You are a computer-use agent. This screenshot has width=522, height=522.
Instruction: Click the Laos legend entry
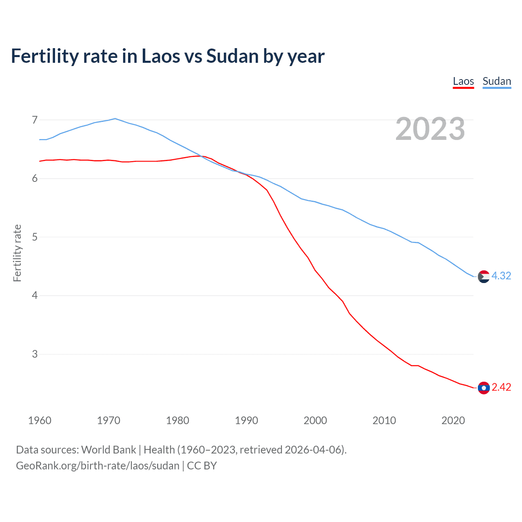(x=463, y=81)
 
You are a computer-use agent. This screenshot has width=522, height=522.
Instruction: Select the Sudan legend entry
(x=496, y=81)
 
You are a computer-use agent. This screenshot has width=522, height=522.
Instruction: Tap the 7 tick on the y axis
(x=35, y=120)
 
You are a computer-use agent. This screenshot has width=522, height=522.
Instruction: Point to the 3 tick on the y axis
(x=35, y=354)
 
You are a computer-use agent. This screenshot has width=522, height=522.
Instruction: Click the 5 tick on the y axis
(x=35, y=237)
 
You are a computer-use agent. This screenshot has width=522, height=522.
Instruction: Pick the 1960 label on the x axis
(x=40, y=420)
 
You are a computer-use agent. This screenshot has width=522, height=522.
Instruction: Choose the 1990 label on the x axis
(x=246, y=420)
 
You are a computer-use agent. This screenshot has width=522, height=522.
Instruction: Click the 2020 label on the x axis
(x=453, y=420)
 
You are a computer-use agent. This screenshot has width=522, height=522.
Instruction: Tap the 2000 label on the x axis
(x=315, y=420)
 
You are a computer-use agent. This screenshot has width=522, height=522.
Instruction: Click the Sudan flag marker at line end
(x=484, y=276)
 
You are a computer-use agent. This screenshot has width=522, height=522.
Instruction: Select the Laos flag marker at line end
(x=484, y=388)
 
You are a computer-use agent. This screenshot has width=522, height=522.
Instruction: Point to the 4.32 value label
(x=501, y=276)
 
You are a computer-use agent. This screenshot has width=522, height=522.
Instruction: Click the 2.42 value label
(x=501, y=387)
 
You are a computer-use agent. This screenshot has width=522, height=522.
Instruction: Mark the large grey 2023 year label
(x=430, y=129)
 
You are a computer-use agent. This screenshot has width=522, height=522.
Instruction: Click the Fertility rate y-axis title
(x=17, y=253)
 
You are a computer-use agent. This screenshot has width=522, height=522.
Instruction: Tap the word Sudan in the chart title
(x=232, y=56)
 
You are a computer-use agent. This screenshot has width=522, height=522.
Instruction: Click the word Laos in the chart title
(x=160, y=56)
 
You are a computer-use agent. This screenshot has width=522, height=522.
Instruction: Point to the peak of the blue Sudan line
(x=115, y=119)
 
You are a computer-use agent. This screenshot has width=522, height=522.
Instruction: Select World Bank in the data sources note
(x=108, y=450)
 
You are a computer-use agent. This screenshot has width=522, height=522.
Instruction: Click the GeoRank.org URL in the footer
(x=97, y=466)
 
